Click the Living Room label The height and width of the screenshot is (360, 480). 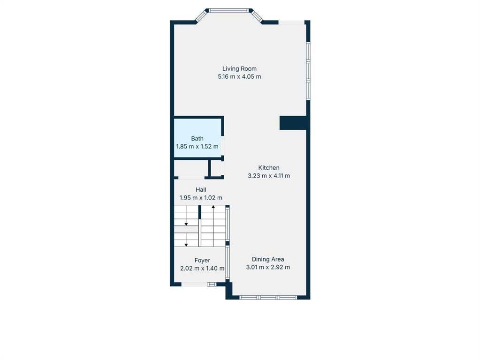pyautogui.click(x=239, y=69)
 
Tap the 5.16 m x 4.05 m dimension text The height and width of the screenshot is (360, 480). pyautogui.click(x=239, y=77)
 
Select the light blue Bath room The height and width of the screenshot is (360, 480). pyautogui.click(x=198, y=138)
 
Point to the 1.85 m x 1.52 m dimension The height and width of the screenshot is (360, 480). pyautogui.click(x=197, y=147)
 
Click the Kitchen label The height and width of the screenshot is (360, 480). pyautogui.click(x=269, y=168)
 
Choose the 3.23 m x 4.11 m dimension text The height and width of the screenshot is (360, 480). pyautogui.click(x=269, y=176)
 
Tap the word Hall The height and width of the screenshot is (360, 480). pyautogui.click(x=201, y=190)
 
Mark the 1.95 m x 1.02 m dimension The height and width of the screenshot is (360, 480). pyautogui.click(x=201, y=198)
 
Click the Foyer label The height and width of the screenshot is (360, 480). pyautogui.click(x=202, y=260)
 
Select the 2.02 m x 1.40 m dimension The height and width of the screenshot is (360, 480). pyautogui.click(x=202, y=269)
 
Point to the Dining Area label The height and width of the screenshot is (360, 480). pyautogui.click(x=268, y=259)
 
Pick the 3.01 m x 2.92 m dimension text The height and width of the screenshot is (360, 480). pyautogui.click(x=268, y=267)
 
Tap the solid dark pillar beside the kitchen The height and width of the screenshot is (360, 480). pyautogui.click(x=293, y=123)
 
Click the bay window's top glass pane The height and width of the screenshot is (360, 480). pyautogui.click(x=229, y=11)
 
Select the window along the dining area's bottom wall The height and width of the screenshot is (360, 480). pyautogui.click(x=268, y=297)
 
